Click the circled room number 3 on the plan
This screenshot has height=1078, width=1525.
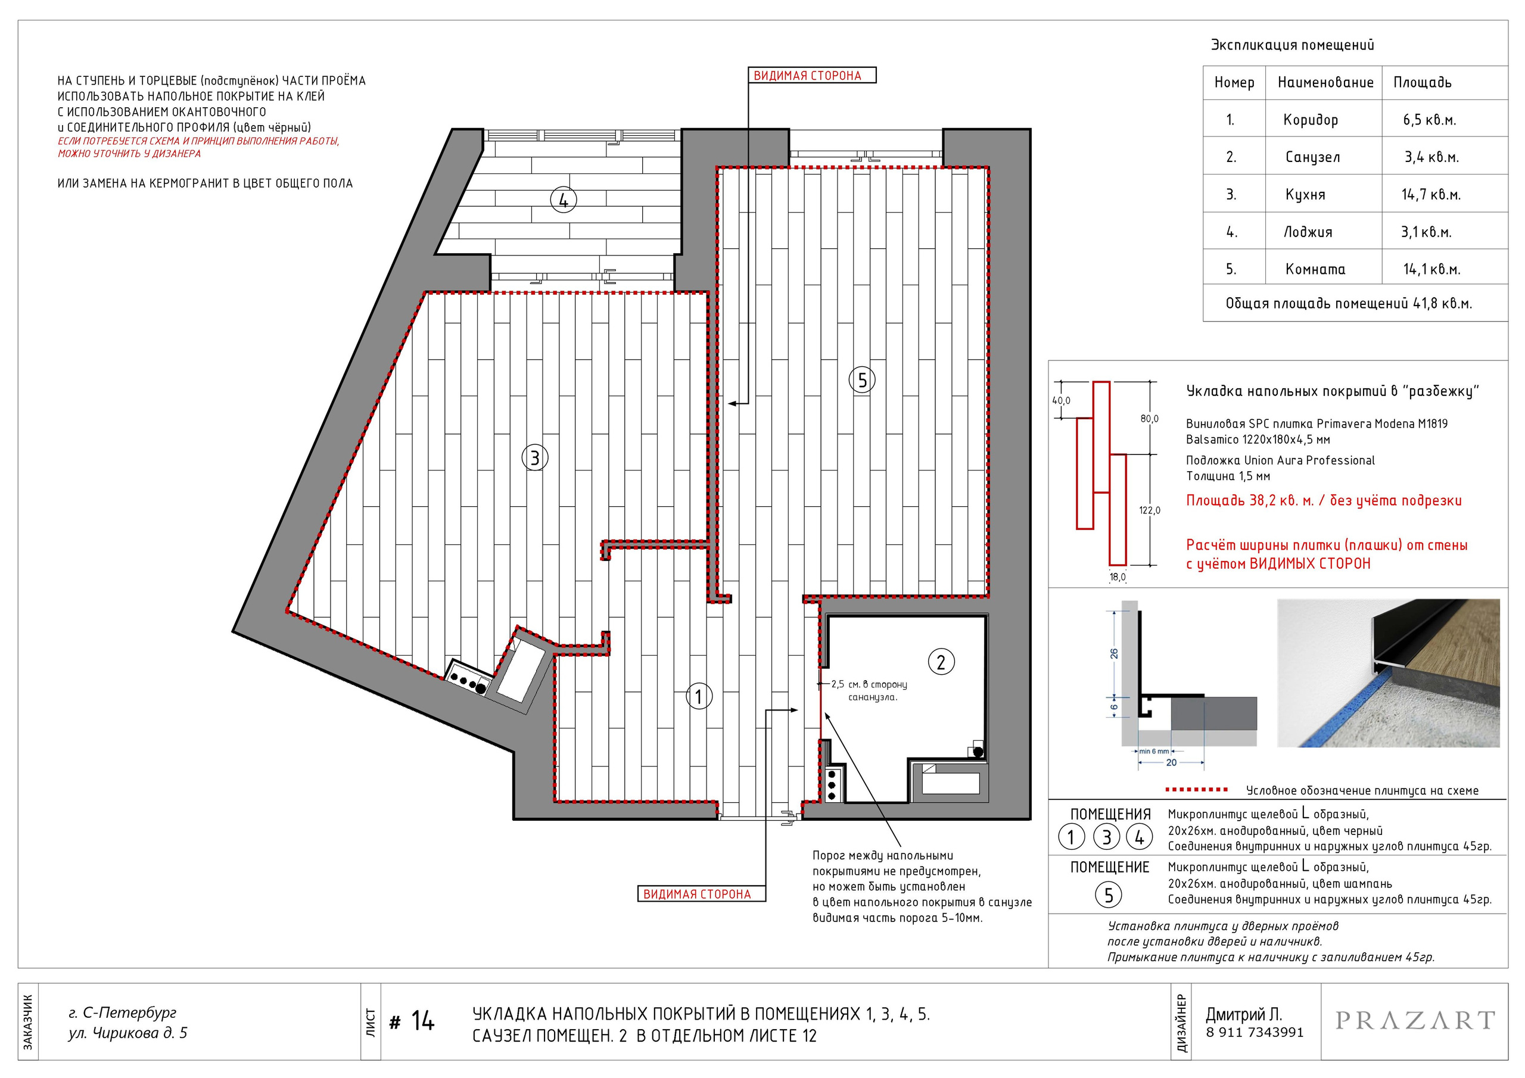[x=535, y=457]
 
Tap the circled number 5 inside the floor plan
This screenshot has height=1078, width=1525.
[x=862, y=380]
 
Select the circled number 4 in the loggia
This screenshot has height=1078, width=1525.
[x=564, y=200]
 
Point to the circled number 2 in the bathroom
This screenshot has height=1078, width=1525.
[x=941, y=662]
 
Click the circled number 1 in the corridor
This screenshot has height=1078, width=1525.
[x=698, y=696]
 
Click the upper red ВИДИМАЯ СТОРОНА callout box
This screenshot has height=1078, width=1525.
[x=813, y=76]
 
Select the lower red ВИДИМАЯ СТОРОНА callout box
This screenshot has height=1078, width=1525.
[x=701, y=894]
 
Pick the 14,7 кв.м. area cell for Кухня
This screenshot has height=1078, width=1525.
[x=1431, y=195]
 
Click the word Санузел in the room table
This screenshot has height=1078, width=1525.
[x=1312, y=157]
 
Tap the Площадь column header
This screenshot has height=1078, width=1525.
[x=1422, y=83]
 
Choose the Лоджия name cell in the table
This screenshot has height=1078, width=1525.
[x=1307, y=232]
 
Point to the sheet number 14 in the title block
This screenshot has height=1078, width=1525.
[x=422, y=1021]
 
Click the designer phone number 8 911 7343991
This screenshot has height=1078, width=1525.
[x=1255, y=1033]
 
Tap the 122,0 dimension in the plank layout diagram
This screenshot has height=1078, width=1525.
[x=1150, y=510]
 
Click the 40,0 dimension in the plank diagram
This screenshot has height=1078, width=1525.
[x=1061, y=400]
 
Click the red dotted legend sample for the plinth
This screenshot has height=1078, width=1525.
[x=1197, y=790]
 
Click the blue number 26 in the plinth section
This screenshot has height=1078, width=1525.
[x=1114, y=653]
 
